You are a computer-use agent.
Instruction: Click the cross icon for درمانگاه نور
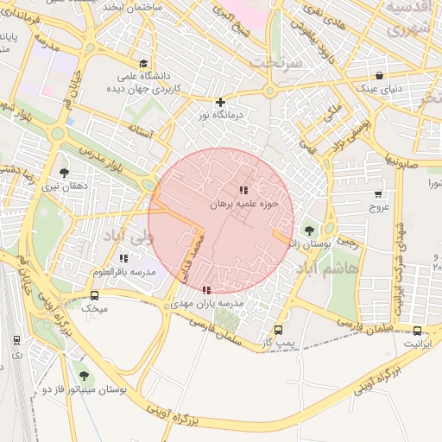[x=220, y=102]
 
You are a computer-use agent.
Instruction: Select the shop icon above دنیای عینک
[x=381, y=75]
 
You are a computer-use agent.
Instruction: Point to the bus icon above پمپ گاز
[x=278, y=331]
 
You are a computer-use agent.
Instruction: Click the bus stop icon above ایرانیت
[x=418, y=331]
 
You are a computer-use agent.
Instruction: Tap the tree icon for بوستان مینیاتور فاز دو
[x=84, y=376]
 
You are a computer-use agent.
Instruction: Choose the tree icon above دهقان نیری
[x=63, y=173]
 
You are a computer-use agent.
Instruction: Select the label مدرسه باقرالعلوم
[x=123, y=272]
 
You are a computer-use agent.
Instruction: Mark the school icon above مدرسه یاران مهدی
[x=205, y=291]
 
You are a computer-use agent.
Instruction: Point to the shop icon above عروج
[x=379, y=194]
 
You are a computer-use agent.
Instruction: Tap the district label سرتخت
[x=274, y=63]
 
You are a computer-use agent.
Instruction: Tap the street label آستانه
[x=140, y=132]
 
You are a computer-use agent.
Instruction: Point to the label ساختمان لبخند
[x=128, y=6]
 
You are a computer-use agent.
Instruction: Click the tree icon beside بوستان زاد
[x=309, y=230]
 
